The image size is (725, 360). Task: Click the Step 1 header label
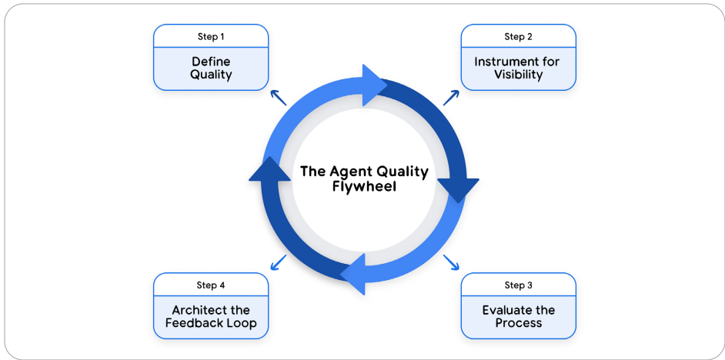[x=211, y=36]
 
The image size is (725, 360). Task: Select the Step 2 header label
[x=518, y=36]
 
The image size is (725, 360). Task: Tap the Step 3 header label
[x=518, y=285]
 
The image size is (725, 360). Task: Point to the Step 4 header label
[x=211, y=285]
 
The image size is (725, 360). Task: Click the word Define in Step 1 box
[x=211, y=62]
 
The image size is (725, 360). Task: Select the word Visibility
[x=518, y=75]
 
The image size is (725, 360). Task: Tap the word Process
[x=518, y=322]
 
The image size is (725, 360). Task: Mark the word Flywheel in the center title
[x=364, y=188]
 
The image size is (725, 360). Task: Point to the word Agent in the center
[x=347, y=172]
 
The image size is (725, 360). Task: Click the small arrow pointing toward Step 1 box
[x=278, y=98]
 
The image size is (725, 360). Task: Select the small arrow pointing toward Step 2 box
[x=451, y=98]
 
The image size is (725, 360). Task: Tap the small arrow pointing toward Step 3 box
[x=451, y=262]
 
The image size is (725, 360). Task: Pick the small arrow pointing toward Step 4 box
[x=278, y=262]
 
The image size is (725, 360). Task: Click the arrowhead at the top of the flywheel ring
[x=373, y=85]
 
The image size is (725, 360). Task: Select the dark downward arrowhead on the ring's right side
[x=458, y=188]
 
